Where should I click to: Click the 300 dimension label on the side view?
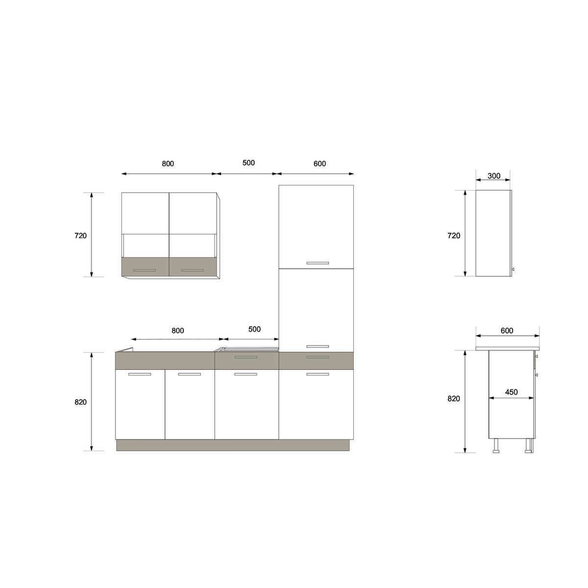click(x=494, y=176)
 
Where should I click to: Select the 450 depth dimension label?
click(x=511, y=392)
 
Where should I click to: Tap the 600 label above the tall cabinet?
click(x=319, y=164)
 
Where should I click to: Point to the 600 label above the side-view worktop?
click(x=507, y=330)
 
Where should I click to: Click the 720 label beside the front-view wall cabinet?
click(x=80, y=236)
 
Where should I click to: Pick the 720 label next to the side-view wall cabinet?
click(x=454, y=236)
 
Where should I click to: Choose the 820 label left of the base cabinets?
click(x=80, y=402)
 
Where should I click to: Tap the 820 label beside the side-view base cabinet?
click(x=454, y=398)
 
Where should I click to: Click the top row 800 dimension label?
click(x=168, y=164)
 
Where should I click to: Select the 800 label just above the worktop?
click(x=177, y=330)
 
